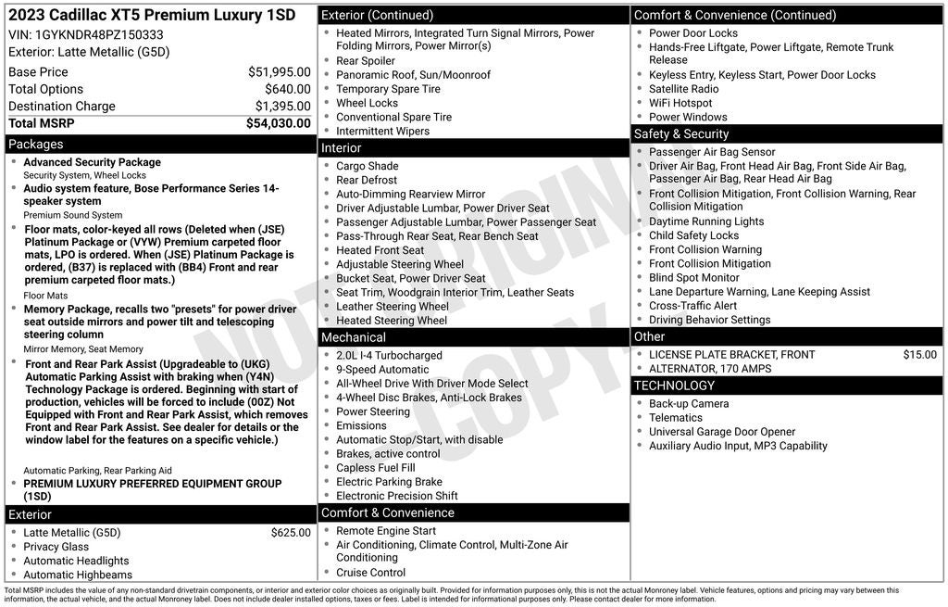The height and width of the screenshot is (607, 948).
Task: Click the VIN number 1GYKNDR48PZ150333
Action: pos(101,34)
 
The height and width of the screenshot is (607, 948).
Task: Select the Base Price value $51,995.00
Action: pos(279,71)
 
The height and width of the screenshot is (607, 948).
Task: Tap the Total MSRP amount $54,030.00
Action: pos(278,122)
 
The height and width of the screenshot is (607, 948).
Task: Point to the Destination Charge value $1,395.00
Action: pos(282,106)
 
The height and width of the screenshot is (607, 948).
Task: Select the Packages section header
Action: pos(36,144)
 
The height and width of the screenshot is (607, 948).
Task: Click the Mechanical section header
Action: pos(354,337)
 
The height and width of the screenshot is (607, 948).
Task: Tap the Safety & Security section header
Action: pos(681,134)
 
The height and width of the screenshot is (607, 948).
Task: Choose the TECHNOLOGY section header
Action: pos(674,386)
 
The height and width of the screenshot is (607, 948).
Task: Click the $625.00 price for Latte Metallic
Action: pos(291,533)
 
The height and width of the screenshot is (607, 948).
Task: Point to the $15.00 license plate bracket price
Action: pos(919,354)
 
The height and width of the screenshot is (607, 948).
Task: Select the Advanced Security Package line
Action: pos(92,162)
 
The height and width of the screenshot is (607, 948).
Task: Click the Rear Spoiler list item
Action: pos(366,61)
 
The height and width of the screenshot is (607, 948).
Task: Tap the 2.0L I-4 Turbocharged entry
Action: pos(389,355)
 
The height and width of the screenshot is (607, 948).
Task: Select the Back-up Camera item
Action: pos(689,403)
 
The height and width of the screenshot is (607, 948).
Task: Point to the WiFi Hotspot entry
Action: pos(680,103)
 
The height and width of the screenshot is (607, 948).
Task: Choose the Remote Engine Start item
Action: pos(386,531)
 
